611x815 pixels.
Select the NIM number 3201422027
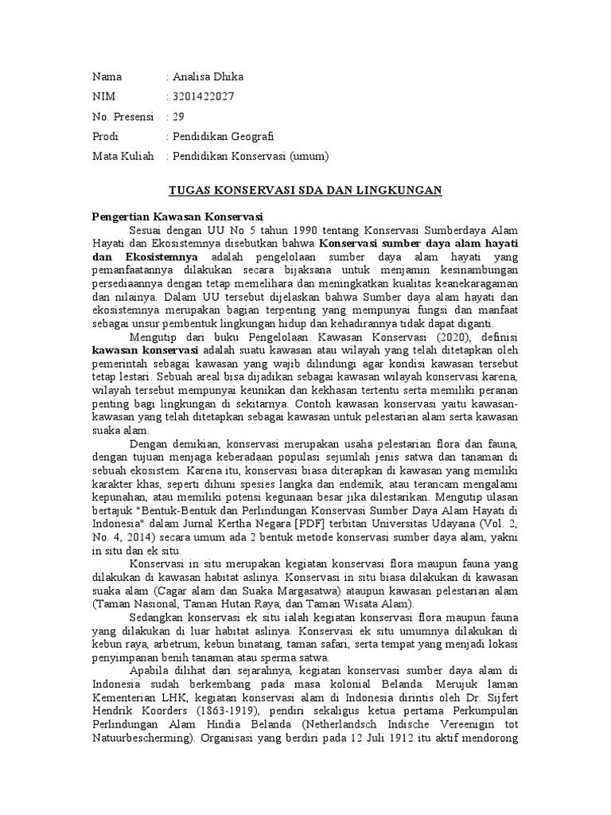(203, 97)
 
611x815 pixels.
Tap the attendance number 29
(178, 116)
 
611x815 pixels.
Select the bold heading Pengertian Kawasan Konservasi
(177, 216)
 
